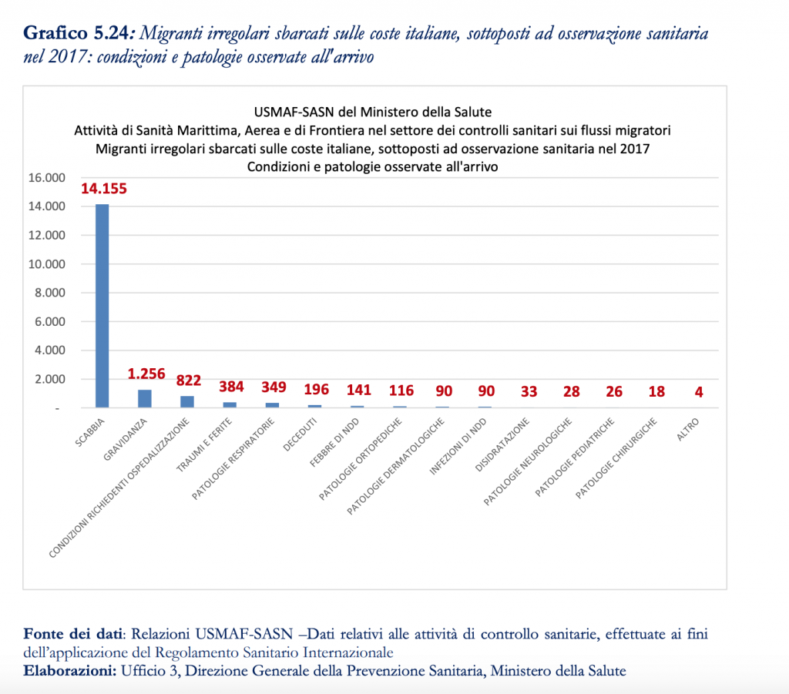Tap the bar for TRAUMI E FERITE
point(229,404)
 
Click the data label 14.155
point(104,189)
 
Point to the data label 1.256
point(146,374)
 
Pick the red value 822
point(189,380)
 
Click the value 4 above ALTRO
point(699,391)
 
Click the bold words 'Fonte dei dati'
point(72,635)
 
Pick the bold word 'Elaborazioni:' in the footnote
point(69,670)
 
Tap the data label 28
point(571,391)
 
